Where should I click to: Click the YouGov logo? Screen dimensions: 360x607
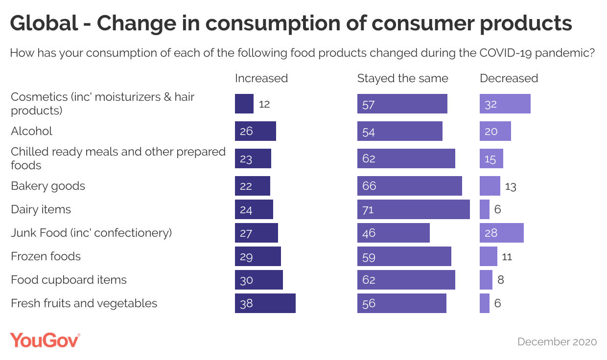pos(45,340)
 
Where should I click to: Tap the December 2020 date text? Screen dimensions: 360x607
pos(557,342)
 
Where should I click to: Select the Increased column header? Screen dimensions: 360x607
pos(261,78)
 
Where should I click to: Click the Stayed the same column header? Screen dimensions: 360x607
pos(402,78)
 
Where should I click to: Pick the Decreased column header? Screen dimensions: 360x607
pos(509,78)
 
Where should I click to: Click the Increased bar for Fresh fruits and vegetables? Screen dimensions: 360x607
pos(265,303)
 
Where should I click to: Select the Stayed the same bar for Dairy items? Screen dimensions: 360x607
pos(413,209)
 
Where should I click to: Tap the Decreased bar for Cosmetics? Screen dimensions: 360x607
pos(505,104)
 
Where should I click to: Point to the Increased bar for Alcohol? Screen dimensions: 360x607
pos(255,131)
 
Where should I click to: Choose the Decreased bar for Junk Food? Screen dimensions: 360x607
pos(501,233)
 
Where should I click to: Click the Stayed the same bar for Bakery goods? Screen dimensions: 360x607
pos(409,186)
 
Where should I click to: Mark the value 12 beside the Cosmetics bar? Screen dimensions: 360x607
pos(264,104)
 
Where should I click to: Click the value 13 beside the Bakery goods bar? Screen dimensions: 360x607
pos(511,186)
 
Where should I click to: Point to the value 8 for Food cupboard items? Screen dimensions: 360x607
pos(501,280)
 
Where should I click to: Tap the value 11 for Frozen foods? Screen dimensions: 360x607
pos(507,256)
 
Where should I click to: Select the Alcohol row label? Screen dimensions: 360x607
pos(31,131)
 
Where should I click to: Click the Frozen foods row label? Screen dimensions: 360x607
pos(46,256)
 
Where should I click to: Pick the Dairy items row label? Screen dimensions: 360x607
pos(41,209)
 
